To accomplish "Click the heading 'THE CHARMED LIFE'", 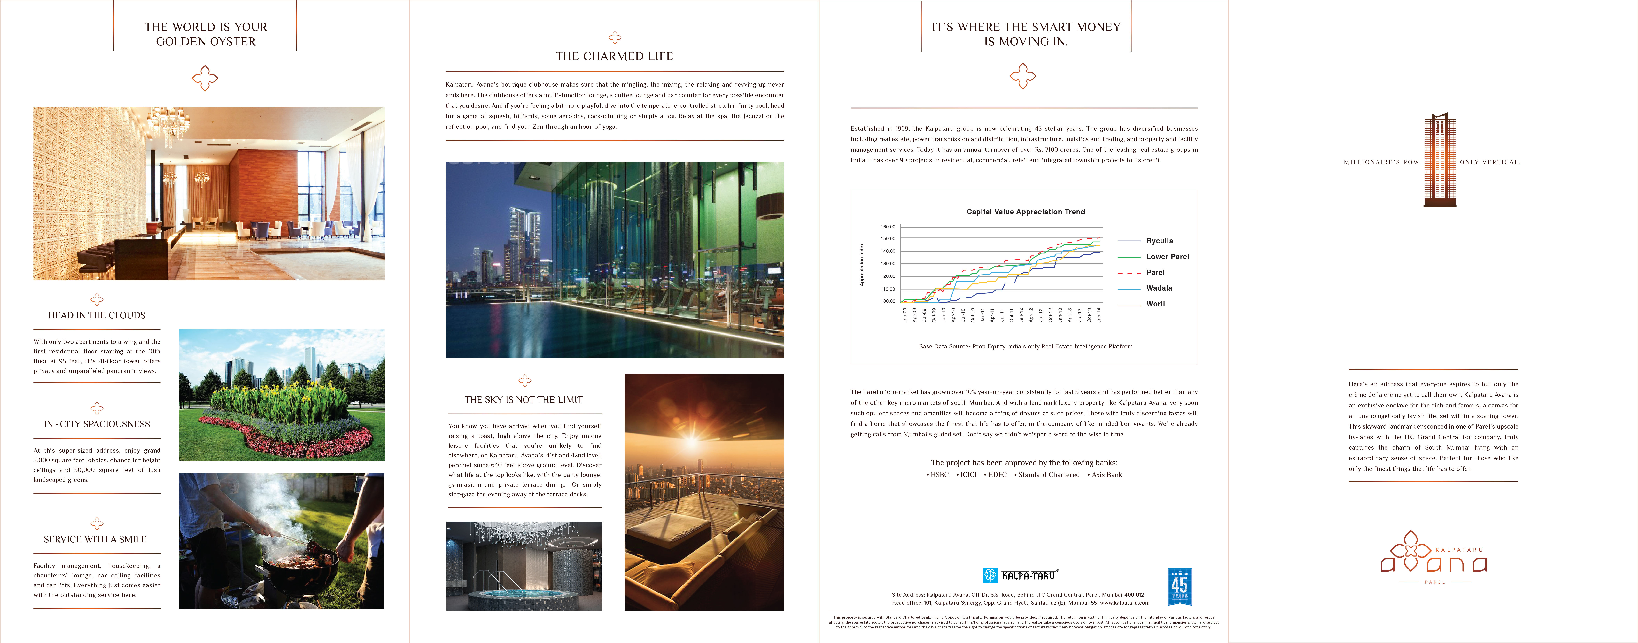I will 614,56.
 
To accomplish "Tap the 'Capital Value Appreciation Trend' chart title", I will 1025,212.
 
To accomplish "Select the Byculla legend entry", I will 1159,241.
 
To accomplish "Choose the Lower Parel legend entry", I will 1167,257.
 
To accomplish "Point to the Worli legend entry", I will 1155,304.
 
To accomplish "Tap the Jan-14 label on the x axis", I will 1099,315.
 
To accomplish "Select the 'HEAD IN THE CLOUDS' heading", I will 97,315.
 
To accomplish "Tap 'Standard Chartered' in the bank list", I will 1049,475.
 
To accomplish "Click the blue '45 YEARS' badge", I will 1180,586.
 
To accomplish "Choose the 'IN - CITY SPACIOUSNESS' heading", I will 97,424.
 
